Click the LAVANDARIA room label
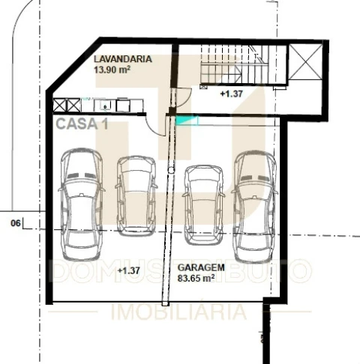point(123,59)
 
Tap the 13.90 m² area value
point(112,70)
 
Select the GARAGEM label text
point(201,267)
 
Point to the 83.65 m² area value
point(196,278)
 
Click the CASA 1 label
point(82,124)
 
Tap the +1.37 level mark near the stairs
point(231,94)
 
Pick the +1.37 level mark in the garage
point(128,270)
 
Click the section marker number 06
point(16,223)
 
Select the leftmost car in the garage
point(82,204)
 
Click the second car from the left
point(136,196)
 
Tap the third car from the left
point(204,205)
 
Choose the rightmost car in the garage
point(255,207)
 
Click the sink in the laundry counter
point(105,106)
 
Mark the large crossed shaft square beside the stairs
point(305,62)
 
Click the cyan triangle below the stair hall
point(187,121)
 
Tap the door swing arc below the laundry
point(151,129)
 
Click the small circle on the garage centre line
point(171,170)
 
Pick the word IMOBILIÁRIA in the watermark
point(178,311)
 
